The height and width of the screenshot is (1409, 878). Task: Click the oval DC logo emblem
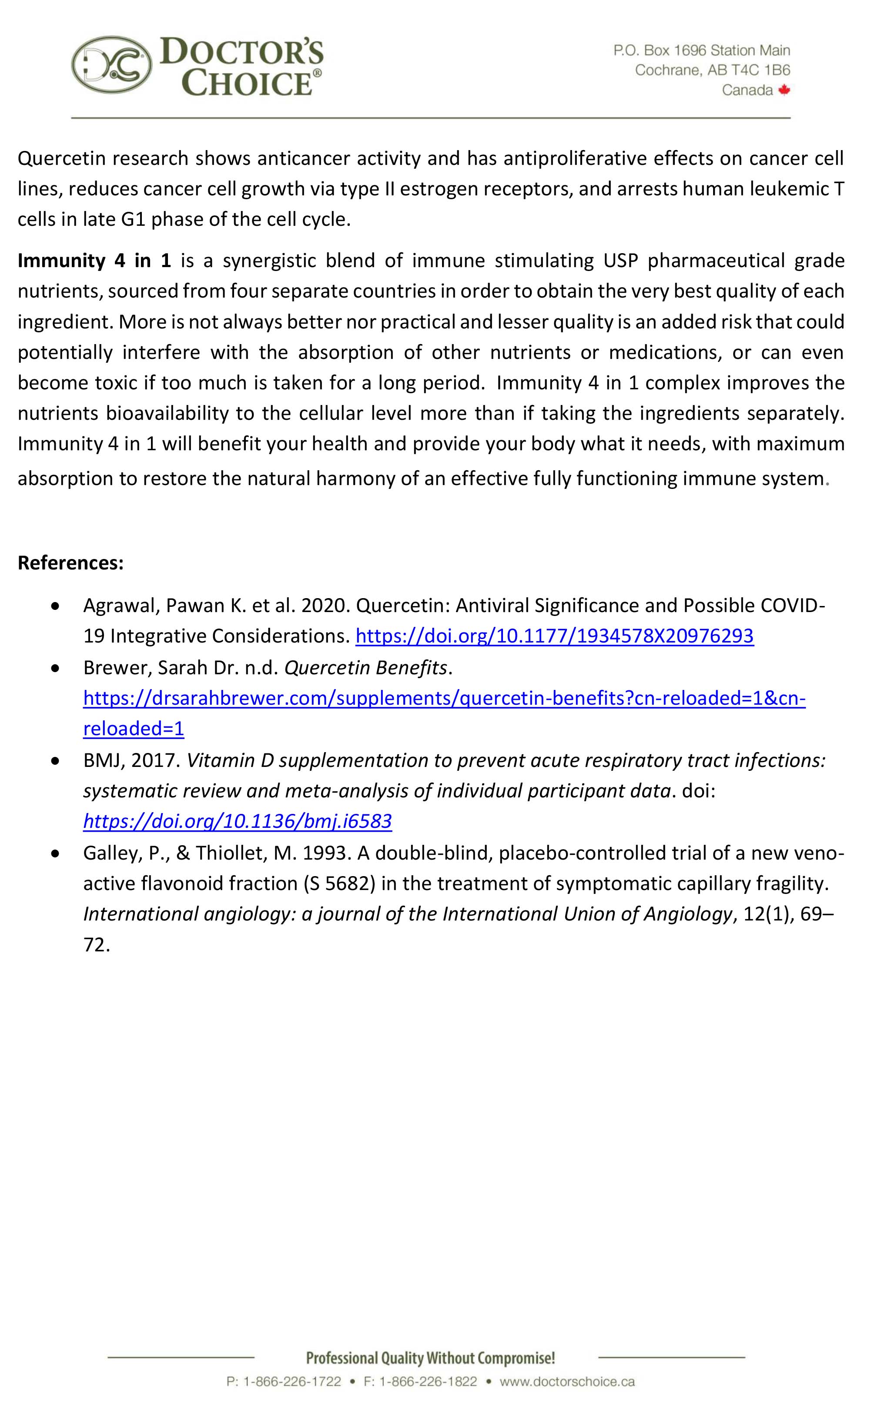coord(111,65)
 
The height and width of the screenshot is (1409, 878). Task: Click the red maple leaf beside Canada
coord(784,90)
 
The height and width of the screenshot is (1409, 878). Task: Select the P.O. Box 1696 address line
coord(701,50)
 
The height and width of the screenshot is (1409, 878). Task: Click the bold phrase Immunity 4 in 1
coord(94,260)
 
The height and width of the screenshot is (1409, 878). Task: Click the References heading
coord(70,562)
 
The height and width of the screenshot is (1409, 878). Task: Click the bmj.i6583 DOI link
coord(237,820)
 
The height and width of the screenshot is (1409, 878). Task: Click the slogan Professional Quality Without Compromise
coord(430,1358)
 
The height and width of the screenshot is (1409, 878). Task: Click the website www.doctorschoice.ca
coord(567,1381)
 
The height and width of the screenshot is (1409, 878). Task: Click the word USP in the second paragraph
coord(620,260)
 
